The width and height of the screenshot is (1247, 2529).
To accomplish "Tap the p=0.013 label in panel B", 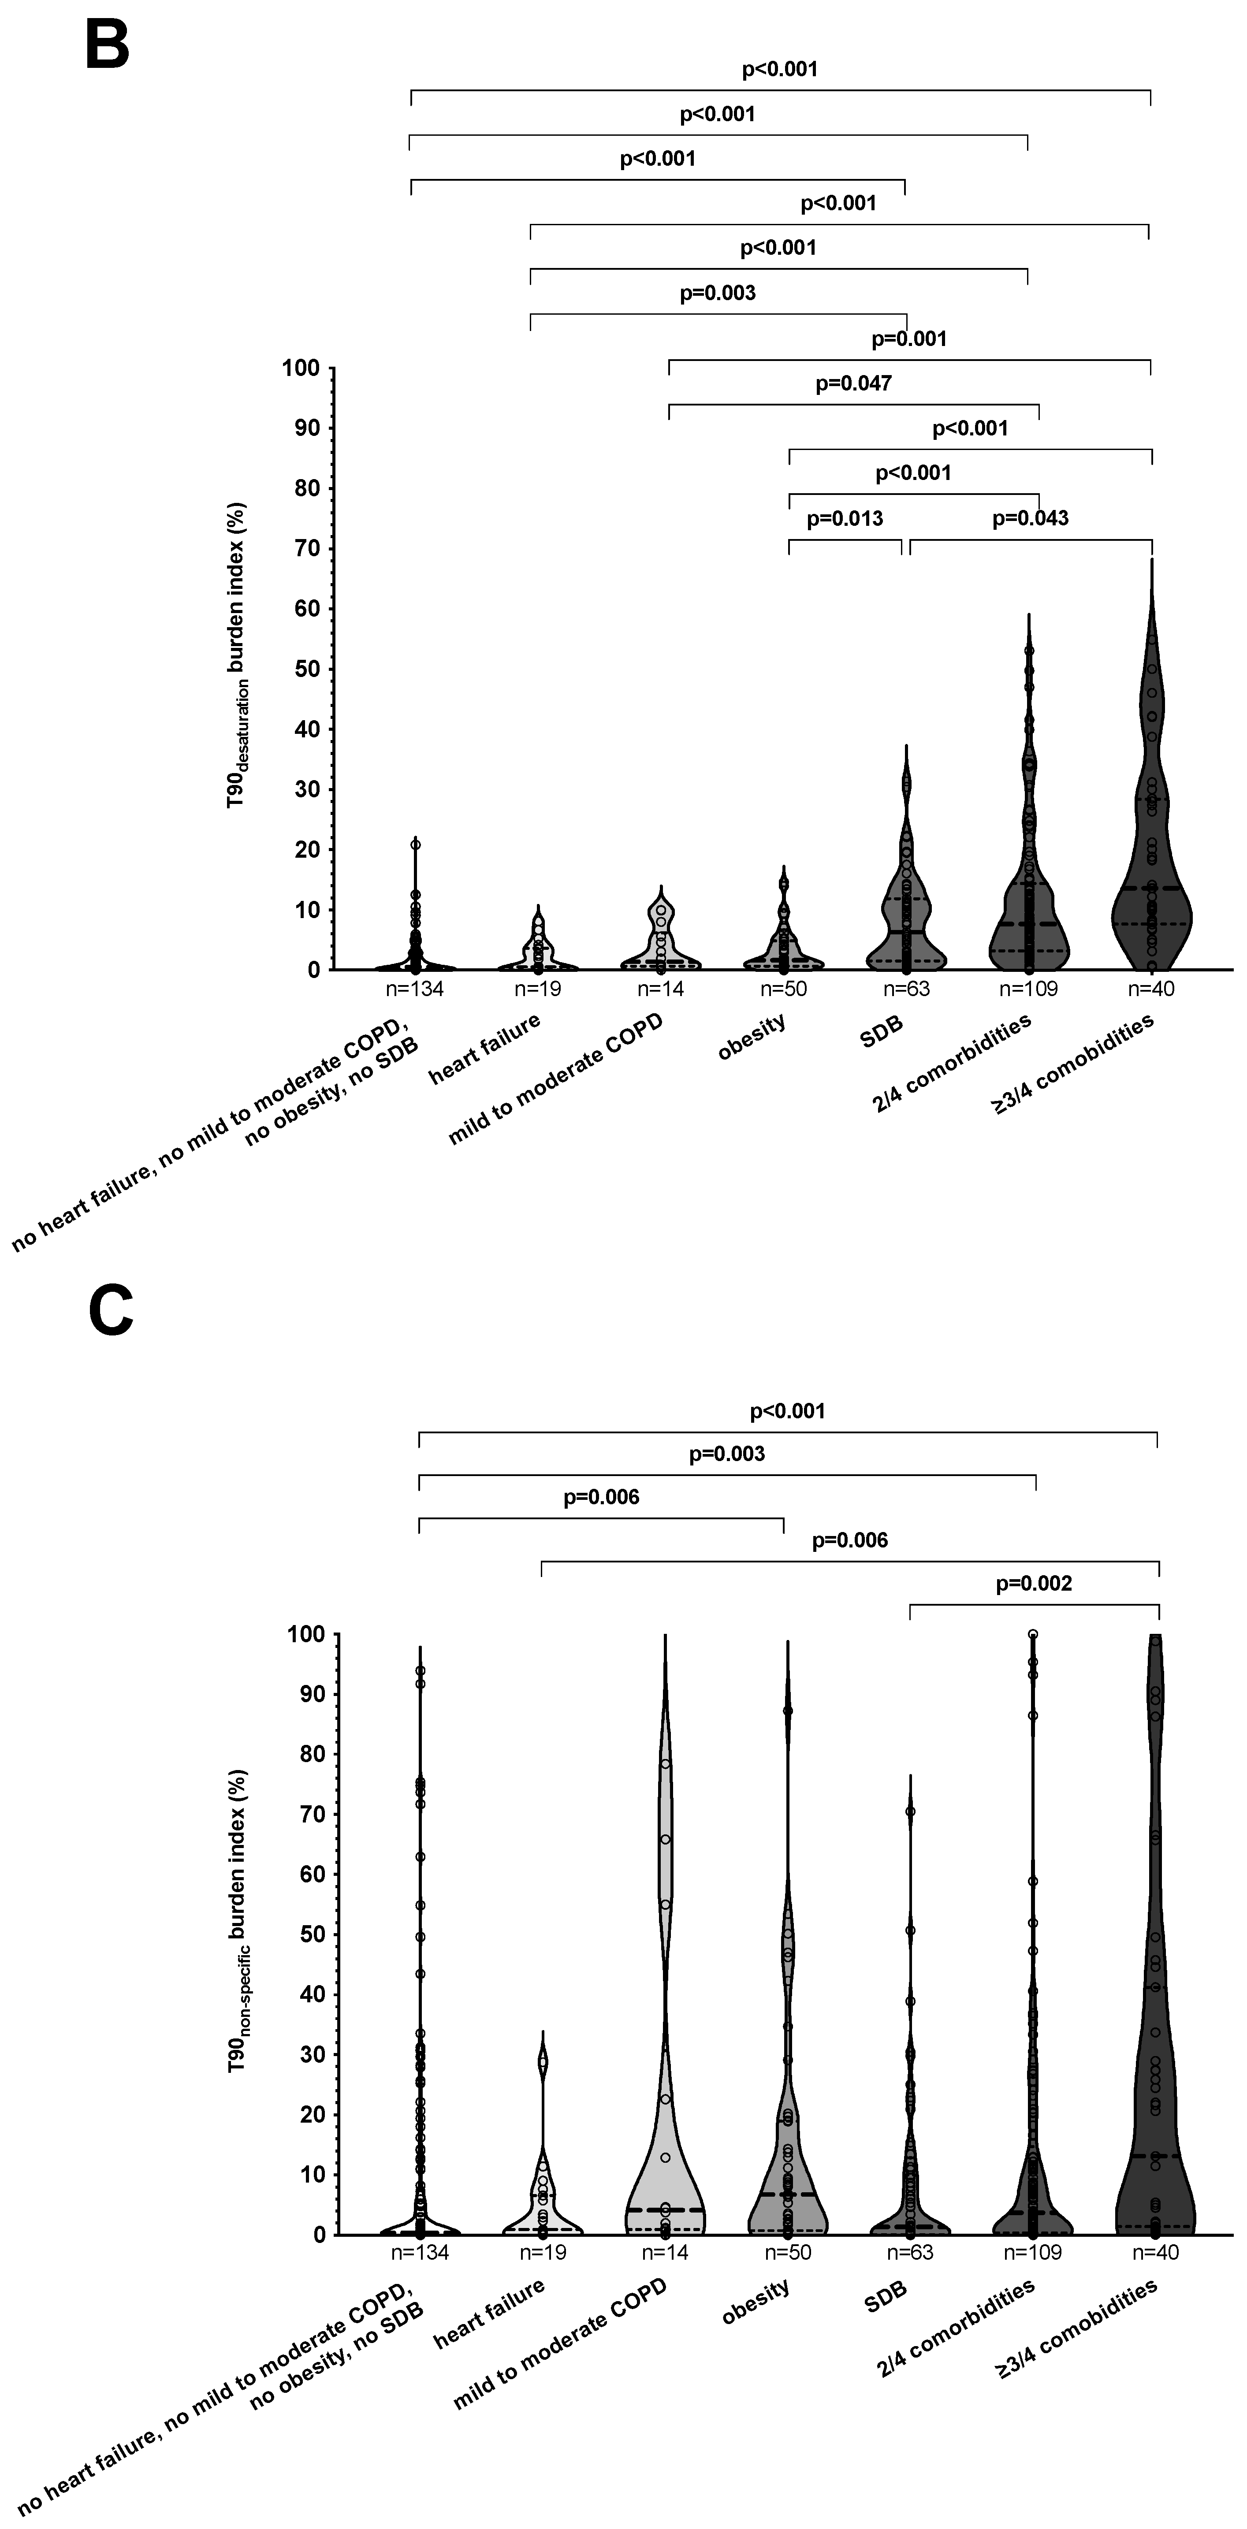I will pos(845,518).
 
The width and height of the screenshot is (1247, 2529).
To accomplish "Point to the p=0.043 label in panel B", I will pos(1030,518).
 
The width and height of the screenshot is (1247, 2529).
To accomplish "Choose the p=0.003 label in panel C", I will pos(726,1454).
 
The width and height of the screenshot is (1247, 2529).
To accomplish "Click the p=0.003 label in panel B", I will pos(718,293).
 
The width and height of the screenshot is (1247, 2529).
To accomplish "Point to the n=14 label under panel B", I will pos(661,989).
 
